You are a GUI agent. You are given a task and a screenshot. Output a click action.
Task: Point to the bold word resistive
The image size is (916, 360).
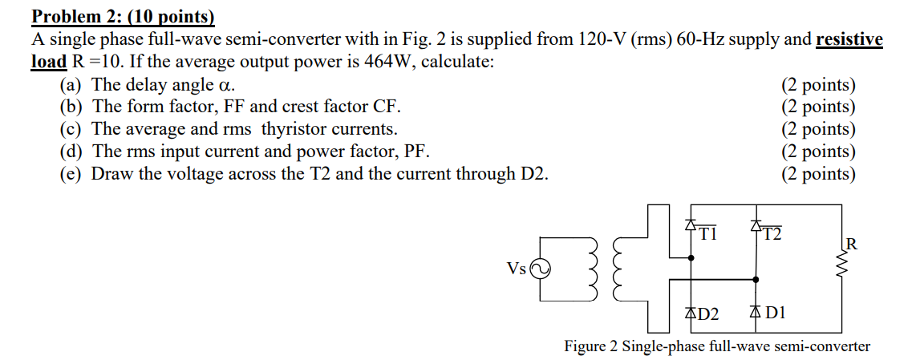click(x=849, y=39)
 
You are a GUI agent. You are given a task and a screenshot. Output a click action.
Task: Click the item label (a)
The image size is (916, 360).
click(x=72, y=84)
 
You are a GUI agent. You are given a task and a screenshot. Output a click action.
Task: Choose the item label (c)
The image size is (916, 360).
click(x=72, y=129)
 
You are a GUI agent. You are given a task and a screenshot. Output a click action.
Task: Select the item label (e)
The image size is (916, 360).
click(x=72, y=174)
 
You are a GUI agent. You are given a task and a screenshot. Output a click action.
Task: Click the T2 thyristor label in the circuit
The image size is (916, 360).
click(x=772, y=234)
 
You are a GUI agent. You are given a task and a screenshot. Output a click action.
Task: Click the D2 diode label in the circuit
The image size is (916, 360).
click(x=705, y=313)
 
